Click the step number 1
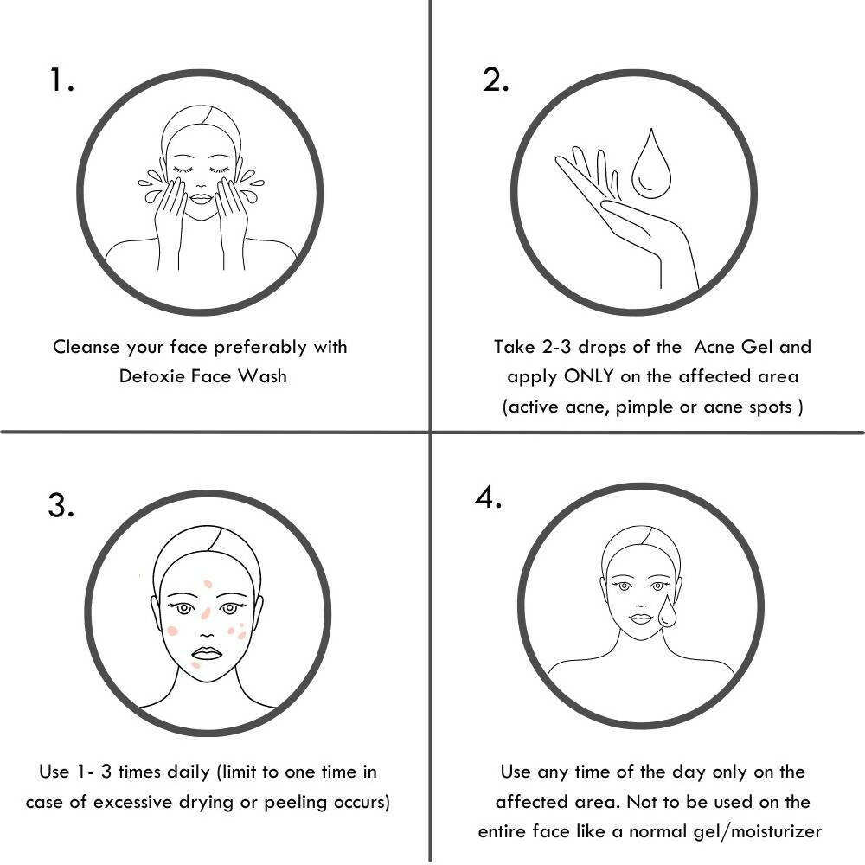point(61,80)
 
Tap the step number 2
point(495,80)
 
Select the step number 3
point(61,505)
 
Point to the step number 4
point(488,497)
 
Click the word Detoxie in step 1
point(151,376)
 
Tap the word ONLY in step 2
point(588,376)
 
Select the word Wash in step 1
point(263,376)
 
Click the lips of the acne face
point(207,653)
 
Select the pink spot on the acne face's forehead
point(208,584)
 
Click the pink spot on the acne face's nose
point(206,613)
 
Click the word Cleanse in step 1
point(86,347)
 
